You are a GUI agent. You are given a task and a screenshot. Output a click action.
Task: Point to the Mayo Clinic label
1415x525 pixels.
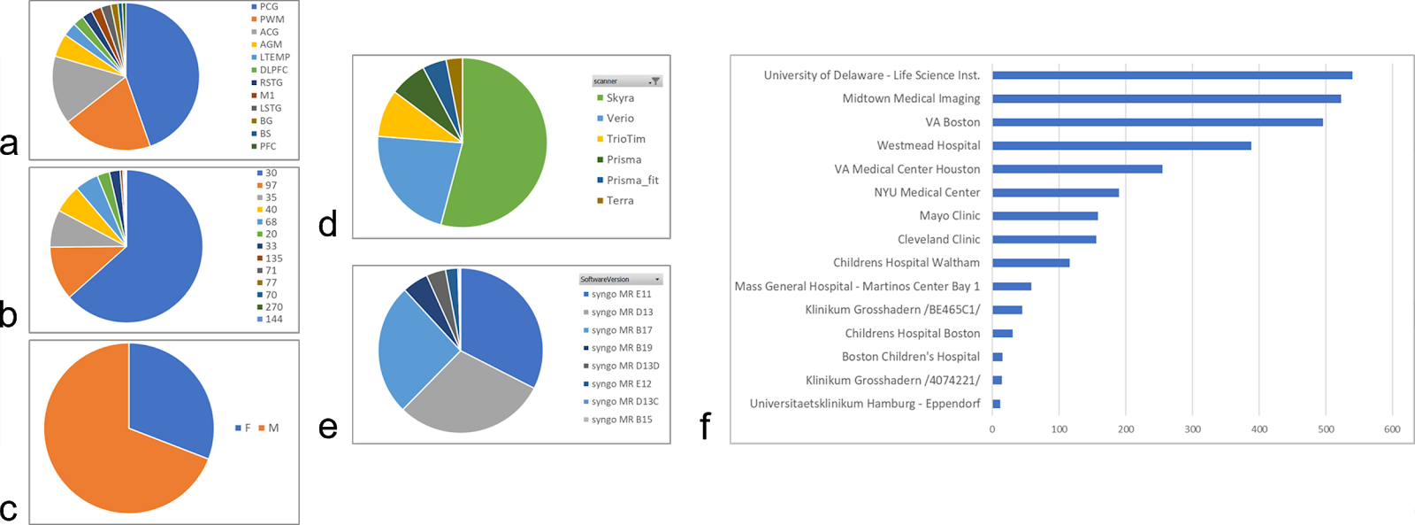click(x=949, y=216)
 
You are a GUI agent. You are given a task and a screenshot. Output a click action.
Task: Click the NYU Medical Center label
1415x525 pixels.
click(x=927, y=192)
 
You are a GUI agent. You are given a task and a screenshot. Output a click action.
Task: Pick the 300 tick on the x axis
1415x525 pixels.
click(x=1192, y=429)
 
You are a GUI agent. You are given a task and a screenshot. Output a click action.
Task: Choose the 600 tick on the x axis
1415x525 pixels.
click(x=1392, y=429)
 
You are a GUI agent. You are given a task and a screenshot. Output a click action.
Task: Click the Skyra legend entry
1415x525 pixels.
click(x=619, y=98)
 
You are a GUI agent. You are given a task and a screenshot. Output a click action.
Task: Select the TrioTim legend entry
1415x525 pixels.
click(x=625, y=139)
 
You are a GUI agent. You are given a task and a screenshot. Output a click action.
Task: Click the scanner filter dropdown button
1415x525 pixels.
click(x=654, y=81)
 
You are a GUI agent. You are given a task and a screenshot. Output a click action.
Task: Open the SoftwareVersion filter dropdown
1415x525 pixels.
click(x=656, y=280)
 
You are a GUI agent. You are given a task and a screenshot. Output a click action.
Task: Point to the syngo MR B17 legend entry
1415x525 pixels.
click(x=621, y=330)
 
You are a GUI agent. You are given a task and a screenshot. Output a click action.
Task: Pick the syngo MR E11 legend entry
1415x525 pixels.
click(x=621, y=295)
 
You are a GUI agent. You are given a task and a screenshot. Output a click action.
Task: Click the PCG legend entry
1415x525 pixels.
click(x=268, y=7)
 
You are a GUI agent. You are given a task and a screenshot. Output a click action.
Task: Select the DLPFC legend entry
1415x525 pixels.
click(x=272, y=70)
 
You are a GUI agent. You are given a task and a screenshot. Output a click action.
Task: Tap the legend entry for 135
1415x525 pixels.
click(x=273, y=259)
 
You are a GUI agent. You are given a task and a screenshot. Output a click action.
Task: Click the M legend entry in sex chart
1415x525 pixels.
click(x=272, y=428)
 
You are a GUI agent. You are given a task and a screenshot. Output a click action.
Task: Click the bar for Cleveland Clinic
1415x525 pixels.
click(x=1044, y=239)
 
